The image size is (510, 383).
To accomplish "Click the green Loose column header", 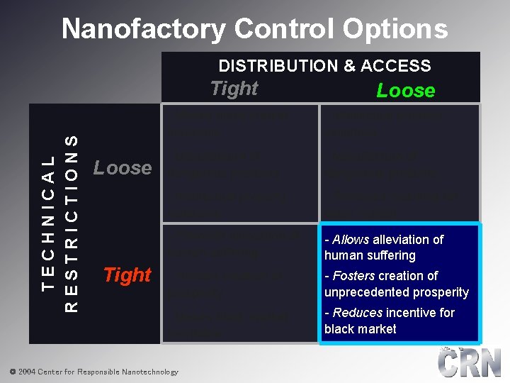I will pos(406,90).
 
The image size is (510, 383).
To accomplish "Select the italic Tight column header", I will pos(234,89).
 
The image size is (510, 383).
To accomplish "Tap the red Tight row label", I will pos(127,274).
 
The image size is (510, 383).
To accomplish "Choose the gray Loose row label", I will pos(123,168).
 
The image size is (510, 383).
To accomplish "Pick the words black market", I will pos(360,329).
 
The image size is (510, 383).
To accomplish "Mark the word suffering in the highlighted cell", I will pos(390,255).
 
